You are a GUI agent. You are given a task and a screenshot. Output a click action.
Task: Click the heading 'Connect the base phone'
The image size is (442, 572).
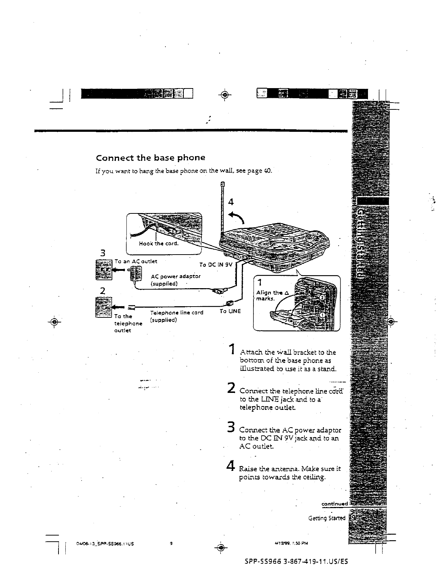pos(150,158)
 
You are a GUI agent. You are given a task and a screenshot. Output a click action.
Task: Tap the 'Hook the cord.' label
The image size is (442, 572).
pos(159,243)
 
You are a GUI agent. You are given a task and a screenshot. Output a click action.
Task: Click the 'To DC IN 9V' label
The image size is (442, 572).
pos(215,264)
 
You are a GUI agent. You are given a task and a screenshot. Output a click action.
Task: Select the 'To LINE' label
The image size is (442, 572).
pos(230,311)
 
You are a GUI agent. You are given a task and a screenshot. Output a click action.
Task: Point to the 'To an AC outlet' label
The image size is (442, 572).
pos(136,261)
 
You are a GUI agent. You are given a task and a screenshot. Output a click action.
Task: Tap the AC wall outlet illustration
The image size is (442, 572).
pos(104,270)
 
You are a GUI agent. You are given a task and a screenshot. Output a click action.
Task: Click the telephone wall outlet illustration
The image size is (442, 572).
pos(103,307)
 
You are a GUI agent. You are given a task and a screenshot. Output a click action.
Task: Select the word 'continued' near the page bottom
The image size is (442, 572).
pos(334,504)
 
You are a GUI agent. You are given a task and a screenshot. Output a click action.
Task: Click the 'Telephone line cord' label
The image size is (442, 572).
pos(177,313)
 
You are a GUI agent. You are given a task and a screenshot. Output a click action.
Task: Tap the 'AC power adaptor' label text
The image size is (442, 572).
pos(176,276)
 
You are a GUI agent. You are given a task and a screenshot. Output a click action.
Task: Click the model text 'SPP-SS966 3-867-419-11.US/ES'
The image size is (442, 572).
pos(296,562)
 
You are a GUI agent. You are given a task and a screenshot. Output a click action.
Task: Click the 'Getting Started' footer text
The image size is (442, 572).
pos(327,518)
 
